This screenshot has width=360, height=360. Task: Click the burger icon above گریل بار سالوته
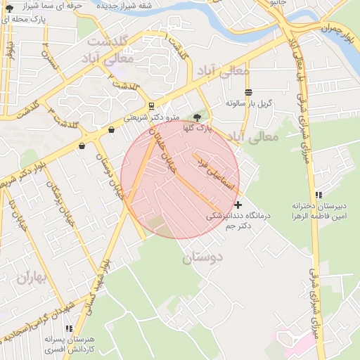(248, 92)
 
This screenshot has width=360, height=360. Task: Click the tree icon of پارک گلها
(198, 118)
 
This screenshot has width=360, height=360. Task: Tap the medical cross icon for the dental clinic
(238, 204)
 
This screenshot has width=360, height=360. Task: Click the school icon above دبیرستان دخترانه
(318, 195)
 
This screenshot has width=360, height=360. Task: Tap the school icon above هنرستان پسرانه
(68, 328)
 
